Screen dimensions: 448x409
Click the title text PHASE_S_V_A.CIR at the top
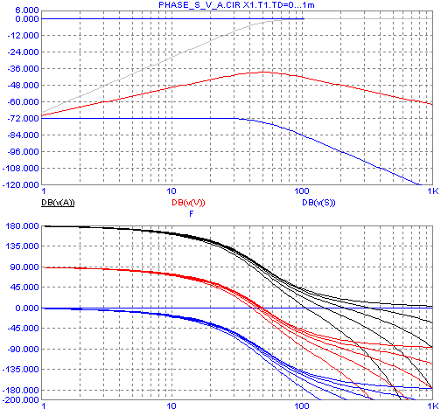[199, 5]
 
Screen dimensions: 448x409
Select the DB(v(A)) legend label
[58, 203]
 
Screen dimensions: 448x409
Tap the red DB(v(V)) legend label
[188, 203]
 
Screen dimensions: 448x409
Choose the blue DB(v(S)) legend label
[318, 203]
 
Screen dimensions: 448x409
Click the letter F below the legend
[192, 214]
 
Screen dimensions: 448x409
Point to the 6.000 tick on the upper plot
[27, 10]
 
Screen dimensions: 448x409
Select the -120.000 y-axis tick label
[21, 184]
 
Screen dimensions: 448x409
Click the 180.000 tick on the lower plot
[23, 225]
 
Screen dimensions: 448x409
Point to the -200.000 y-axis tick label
[21, 399]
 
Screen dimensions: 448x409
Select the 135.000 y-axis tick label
[23, 246]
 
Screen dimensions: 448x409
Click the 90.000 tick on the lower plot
[24, 267]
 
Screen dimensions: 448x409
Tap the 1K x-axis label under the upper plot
[433, 191]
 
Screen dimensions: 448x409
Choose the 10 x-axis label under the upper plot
[171, 191]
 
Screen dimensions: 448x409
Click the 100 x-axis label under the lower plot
[302, 406]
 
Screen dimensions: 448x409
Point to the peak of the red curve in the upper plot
[264, 72]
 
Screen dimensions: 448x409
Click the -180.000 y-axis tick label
[21, 390]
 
